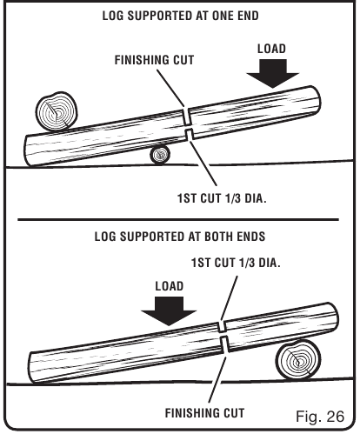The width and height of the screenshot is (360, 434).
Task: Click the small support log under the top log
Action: click(159, 155)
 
